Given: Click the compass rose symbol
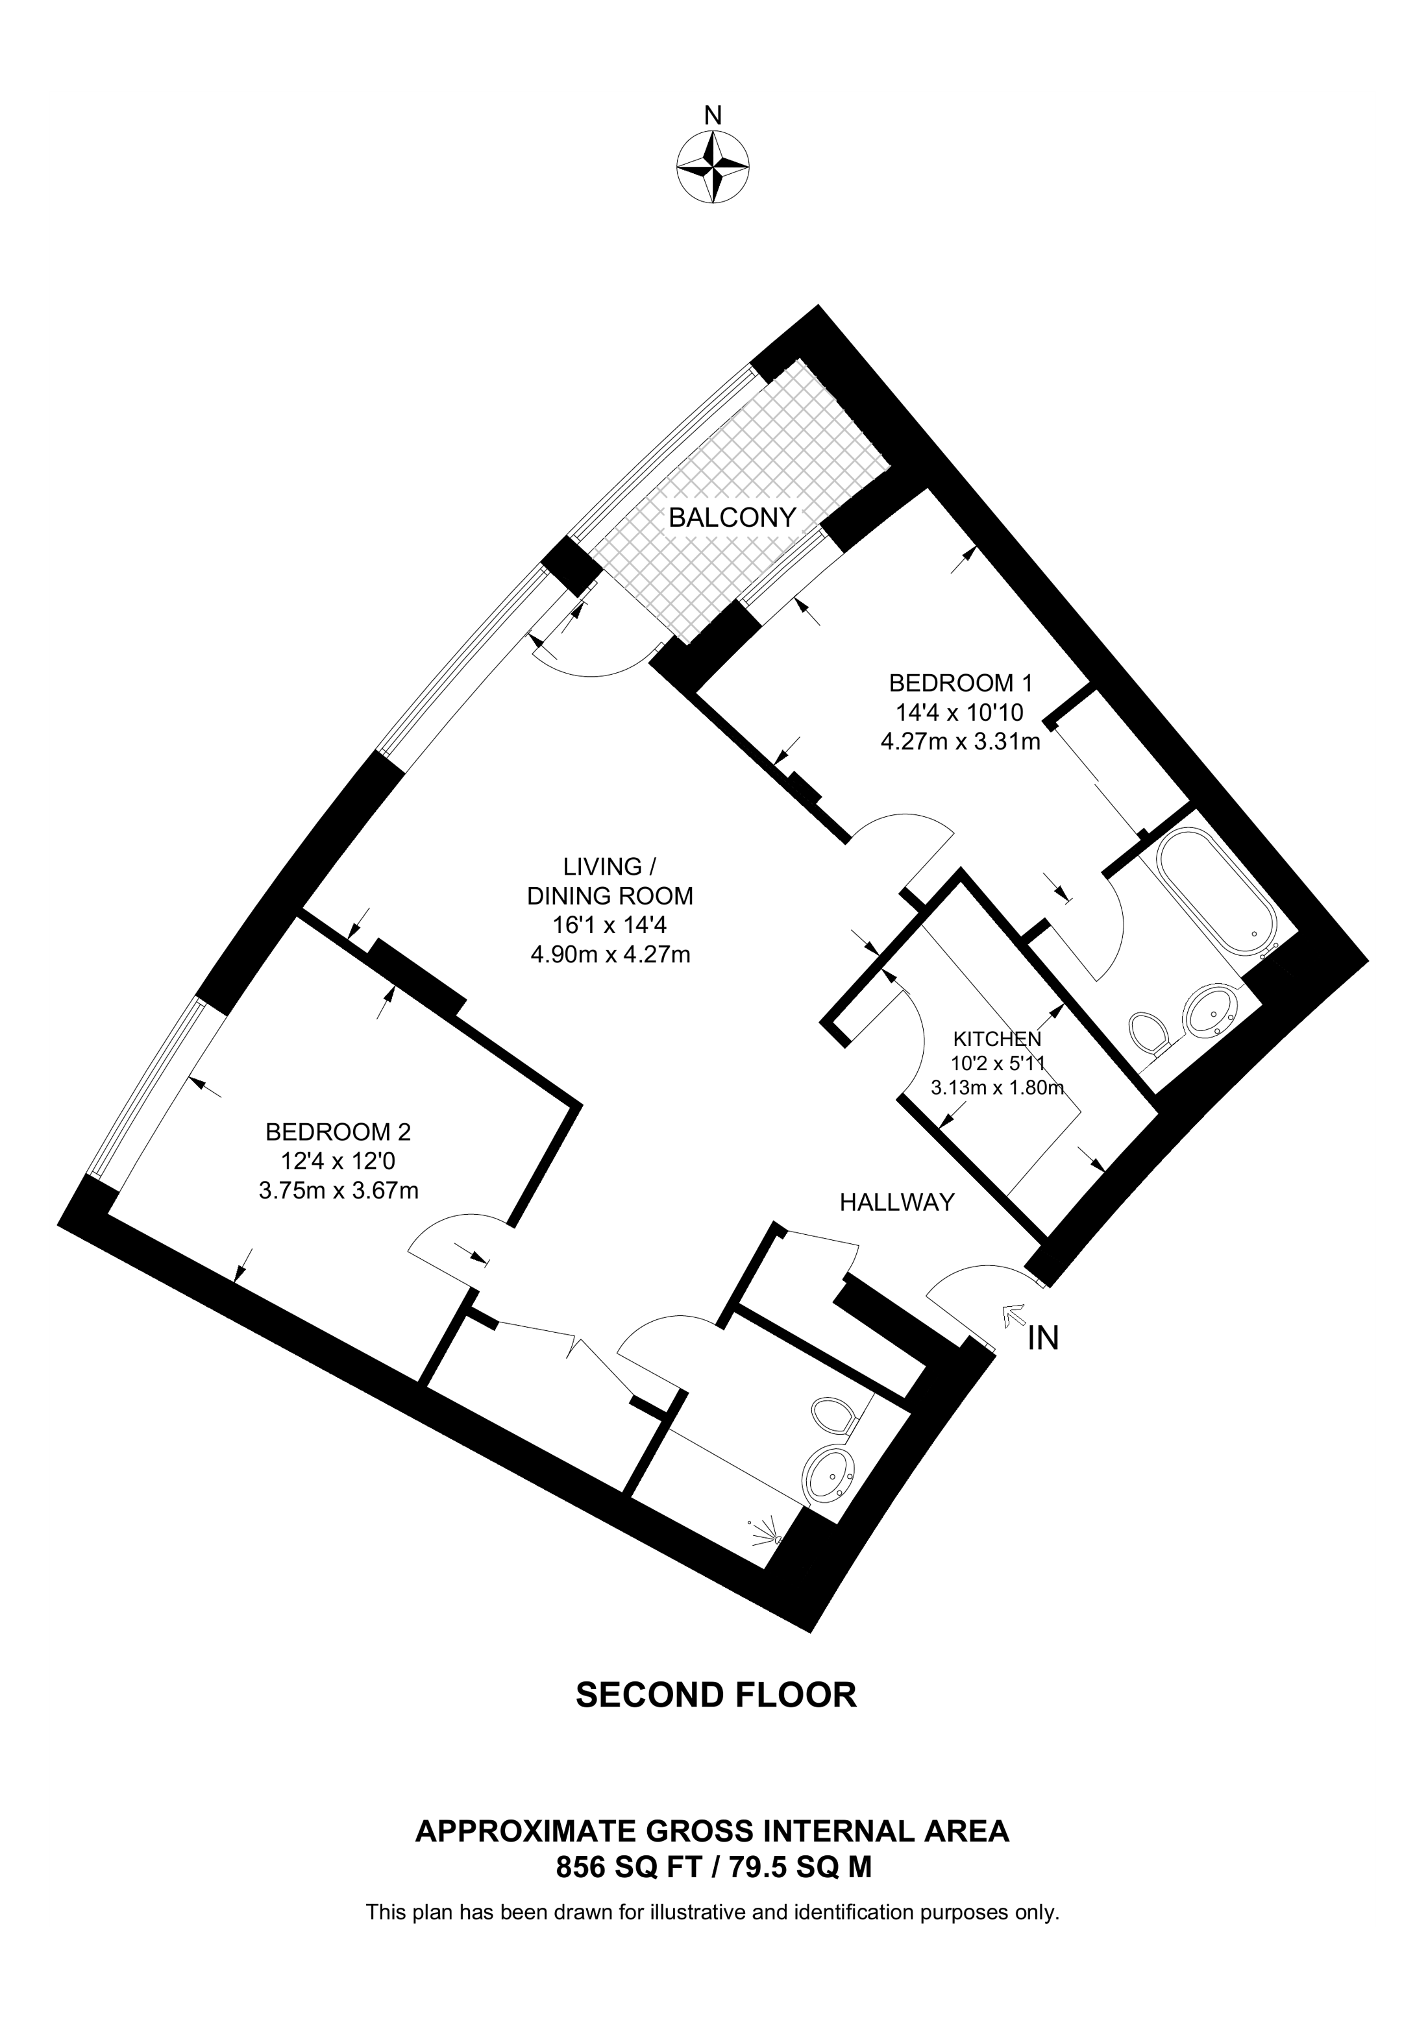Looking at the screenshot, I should pyautogui.click(x=713, y=167).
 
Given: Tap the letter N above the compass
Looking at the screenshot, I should pyautogui.click(x=713, y=116).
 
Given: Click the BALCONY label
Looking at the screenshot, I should pyautogui.click(x=732, y=517).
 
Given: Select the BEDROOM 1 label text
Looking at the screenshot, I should pyautogui.click(x=960, y=683).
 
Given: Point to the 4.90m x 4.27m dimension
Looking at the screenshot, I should pyautogui.click(x=609, y=955).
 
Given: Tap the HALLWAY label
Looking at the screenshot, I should pyautogui.click(x=896, y=1202).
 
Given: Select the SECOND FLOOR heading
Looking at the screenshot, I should pyautogui.click(x=715, y=1719).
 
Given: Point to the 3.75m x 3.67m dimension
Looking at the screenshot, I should pyautogui.click(x=338, y=1191).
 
